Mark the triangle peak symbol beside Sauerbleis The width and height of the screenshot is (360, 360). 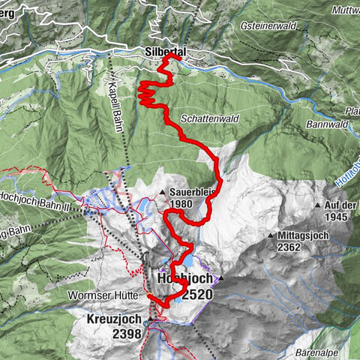click(163, 193)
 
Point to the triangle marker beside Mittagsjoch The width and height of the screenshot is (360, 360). click(270, 236)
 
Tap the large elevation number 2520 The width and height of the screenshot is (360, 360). click(196, 295)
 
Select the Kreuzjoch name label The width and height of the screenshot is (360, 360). click(109, 319)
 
